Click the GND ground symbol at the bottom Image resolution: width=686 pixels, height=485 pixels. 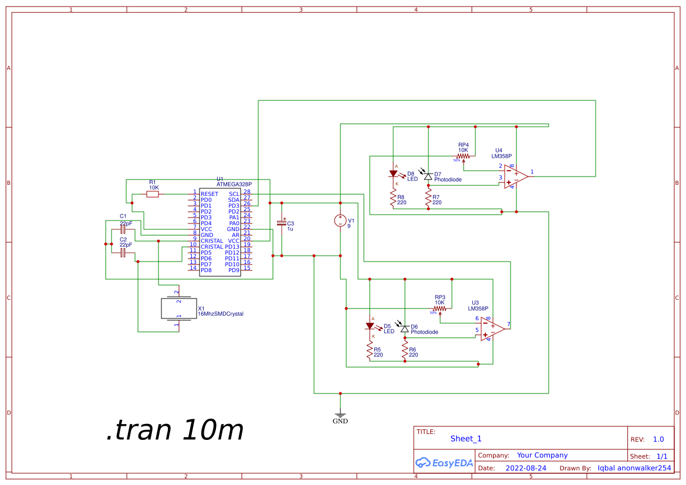tap(340, 415)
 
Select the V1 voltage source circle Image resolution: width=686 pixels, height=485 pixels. tap(340, 221)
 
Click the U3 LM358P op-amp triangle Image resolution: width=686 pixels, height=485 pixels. tap(492, 328)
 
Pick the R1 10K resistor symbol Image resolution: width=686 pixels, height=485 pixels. tap(153, 194)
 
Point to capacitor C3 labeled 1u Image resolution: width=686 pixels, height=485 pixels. tap(282, 223)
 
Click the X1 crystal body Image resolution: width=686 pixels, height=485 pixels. tap(178, 308)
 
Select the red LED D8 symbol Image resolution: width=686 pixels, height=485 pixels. tap(393, 174)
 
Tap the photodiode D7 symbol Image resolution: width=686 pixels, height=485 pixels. tap(428, 176)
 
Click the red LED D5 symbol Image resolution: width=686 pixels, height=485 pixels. tap(370, 326)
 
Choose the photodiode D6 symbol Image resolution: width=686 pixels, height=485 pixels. tap(404, 329)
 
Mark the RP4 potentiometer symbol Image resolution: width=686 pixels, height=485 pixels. tap(463, 157)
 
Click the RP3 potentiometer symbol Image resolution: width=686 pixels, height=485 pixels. tap(440, 308)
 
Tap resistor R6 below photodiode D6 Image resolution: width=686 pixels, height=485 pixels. tap(404, 352)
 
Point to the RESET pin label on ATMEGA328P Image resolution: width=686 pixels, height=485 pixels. tap(209, 194)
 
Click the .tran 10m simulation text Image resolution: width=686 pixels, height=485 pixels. tap(175, 430)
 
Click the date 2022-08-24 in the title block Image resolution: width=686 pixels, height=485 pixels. tap(525, 468)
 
